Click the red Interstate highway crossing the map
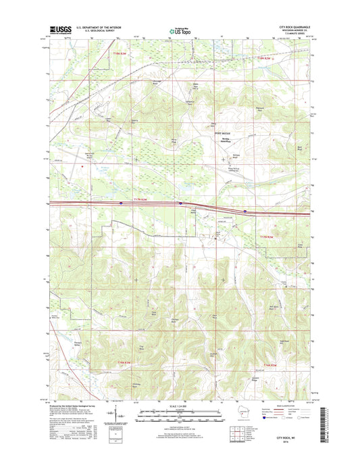pos(135,203)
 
